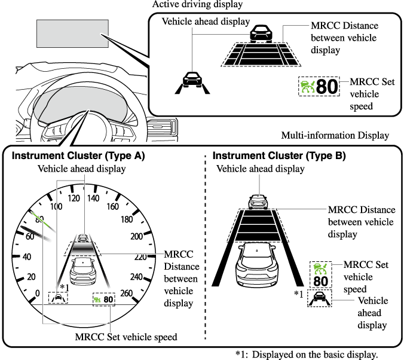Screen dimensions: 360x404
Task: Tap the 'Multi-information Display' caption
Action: coord(335,136)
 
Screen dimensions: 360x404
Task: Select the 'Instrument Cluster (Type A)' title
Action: coord(78,156)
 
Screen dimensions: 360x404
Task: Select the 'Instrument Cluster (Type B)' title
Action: coord(279,156)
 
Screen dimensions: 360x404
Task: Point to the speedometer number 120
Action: coord(75,198)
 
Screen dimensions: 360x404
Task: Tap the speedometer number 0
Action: coord(38,293)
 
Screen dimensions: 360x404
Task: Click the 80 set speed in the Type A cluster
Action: coord(108,298)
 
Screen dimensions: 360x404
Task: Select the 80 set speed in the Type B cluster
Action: coord(320,281)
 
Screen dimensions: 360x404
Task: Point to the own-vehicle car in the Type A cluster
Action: coord(82,270)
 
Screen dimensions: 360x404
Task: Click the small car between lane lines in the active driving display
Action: coord(192,80)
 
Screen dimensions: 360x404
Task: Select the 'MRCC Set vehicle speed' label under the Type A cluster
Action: coord(126,337)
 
